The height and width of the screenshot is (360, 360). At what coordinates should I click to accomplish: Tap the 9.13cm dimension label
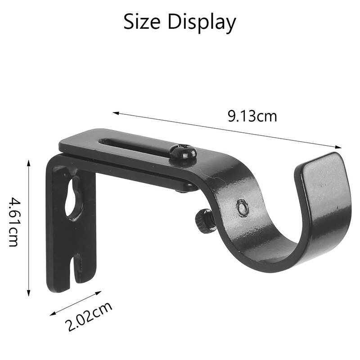point(252,116)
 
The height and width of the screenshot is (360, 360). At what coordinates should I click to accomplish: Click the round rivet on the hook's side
point(242,207)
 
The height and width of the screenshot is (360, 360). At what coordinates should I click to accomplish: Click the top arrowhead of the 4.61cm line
point(29,161)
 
